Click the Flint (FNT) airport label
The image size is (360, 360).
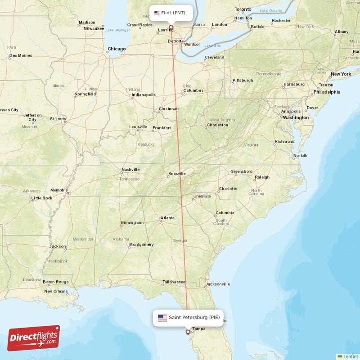tap(171, 13)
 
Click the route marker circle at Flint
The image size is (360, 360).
tap(171, 27)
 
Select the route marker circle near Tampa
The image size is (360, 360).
tap(188, 332)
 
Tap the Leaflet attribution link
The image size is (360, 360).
tap(350, 356)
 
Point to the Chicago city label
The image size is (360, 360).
tap(117, 49)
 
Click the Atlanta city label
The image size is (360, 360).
tap(167, 219)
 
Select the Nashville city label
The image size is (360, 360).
tap(130, 170)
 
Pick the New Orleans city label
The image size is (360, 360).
tap(56, 291)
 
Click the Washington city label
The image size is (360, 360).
tap(296, 117)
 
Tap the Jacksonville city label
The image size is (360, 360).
tap(217, 284)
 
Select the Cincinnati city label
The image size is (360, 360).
tap(169, 109)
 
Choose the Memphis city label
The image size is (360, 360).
tap(58, 190)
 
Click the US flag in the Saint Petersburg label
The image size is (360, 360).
tap(162, 318)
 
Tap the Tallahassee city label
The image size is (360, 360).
tap(174, 282)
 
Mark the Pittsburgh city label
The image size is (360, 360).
tap(243, 81)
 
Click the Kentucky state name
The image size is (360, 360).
tap(146, 144)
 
